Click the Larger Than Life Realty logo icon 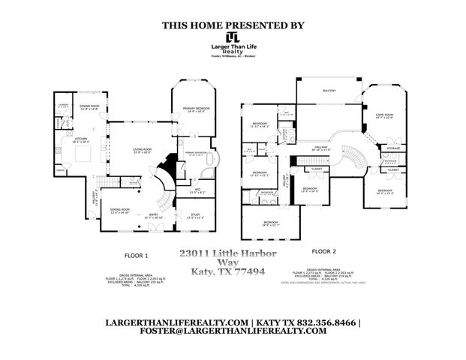pyautogui.click(x=233, y=37)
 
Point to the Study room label pyautogui.click(x=194, y=217)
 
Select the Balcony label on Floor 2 pyautogui.click(x=329, y=91)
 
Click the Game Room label pyautogui.click(x=383, y=115)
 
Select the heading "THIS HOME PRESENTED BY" pyautogui.click(x=233, y=25)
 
